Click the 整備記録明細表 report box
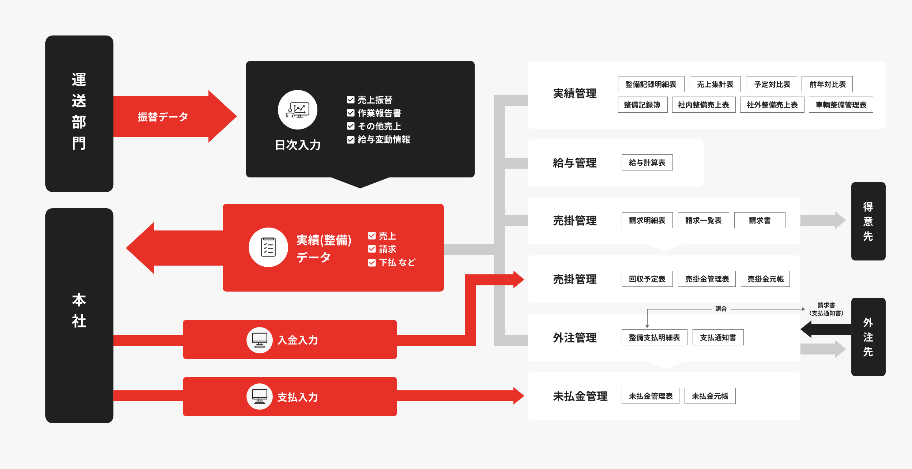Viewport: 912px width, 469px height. coord(651,84)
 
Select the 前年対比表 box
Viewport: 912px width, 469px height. coord(827,84)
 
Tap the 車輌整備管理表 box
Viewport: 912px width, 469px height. coord(841,105)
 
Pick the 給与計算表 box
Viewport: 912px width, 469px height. coord(647,162)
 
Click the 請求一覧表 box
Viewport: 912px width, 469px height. coord(703,220)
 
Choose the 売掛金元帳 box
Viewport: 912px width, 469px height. coord(765,279)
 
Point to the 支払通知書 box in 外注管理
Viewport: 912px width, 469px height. coord(718,337)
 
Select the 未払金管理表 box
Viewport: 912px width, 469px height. coord(650,396)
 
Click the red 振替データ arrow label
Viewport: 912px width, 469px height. coord(163,117)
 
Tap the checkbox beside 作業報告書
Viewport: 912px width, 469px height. coord(351,113)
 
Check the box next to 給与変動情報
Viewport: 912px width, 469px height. coord(351,139)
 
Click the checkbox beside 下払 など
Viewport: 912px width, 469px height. coord(372,263)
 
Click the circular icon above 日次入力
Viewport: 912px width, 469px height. coord(297,110)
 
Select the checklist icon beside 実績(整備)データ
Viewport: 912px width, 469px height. coord(268,247)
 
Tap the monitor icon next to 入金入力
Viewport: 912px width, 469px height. coord(259,340)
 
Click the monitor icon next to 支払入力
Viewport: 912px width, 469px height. coord(259,397)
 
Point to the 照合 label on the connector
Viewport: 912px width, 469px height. coord(721,309)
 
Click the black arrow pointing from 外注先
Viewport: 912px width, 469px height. coord(826,329)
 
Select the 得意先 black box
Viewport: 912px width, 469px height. coord(868,221)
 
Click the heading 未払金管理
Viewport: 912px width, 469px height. coord(580,396)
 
